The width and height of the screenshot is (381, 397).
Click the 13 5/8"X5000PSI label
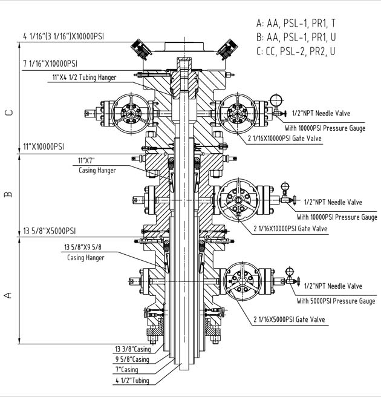(x=49, y=231)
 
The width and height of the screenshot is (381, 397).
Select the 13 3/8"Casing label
(x=132, y=349)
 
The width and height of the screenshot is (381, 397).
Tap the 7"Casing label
(x=126, y=370)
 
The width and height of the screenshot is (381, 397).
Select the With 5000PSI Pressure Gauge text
(x=336, y=301)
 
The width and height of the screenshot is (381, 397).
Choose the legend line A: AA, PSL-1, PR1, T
(x=295, y=24)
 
